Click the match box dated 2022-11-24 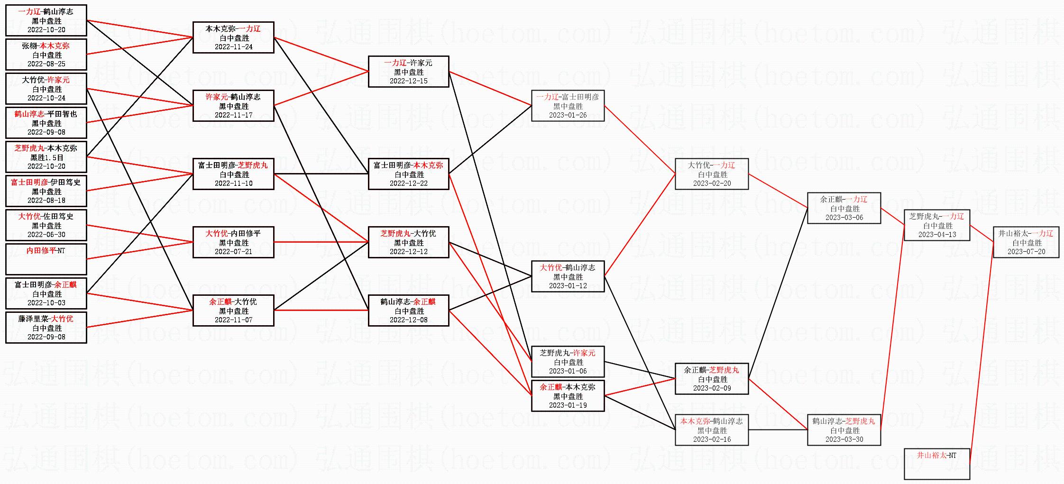click(x=233, y=37)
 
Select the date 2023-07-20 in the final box click(x=1026, y=252)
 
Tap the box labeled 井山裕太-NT click(x=936, y=464)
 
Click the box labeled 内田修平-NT click(x=46, y=259)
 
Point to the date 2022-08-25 click(x=46, y=64)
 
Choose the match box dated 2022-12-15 click(x=408, y=72)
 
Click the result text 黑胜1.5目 click(x=46, y=157)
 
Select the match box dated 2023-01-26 click(x=568, y=106)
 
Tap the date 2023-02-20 click(x=712, y=183)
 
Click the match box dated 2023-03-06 click(x=844, y=208)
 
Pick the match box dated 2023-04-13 click(x=936, y=225)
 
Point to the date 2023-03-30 click(x=844, y=439)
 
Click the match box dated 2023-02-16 click(x=712, y=430)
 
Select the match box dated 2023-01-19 click(x=568, y=396)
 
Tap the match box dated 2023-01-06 click(x=568, y=362)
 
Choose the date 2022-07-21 click(x=233, y=252)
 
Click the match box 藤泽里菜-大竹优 click(x=46, y=327)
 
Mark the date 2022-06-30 click(x=46, y=235)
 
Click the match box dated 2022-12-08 click(x=408, y=310)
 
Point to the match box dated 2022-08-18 click(x=46, y=191)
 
